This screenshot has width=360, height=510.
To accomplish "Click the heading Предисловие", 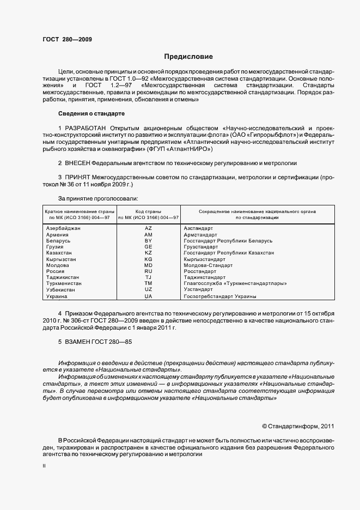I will [x=188, y=57].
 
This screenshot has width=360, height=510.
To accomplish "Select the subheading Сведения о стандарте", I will [x=91, y=113].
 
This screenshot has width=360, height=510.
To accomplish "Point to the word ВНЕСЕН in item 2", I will [x=77, y=163].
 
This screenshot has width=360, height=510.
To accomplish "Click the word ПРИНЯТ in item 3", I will [x=77, y=177].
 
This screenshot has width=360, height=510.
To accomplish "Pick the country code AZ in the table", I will [x=148, y=228].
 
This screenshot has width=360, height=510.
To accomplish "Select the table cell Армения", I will [x=58, y=234].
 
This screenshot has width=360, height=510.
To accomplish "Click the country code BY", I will [x=148, y=240].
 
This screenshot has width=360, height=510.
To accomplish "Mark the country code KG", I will [x=148, y=259].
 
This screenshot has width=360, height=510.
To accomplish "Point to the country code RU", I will [x=148, y=271].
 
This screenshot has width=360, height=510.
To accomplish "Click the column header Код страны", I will [x=148, y=211].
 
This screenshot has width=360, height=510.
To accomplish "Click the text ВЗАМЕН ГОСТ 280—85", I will [x=95, y=342].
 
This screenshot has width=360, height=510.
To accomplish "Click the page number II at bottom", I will [x=44, y=466].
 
